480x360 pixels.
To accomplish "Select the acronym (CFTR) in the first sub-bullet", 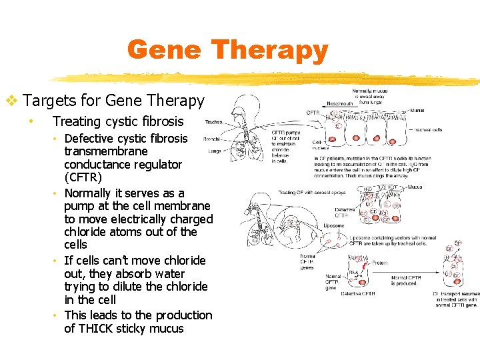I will [83, 177].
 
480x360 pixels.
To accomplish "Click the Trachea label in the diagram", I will [214, 122].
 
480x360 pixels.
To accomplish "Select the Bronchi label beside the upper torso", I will [212, 139].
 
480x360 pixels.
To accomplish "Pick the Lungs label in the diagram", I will [215, 151].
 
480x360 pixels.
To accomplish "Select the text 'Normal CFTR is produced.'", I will [405, 280].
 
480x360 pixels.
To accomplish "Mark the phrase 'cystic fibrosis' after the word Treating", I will [147, 121].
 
